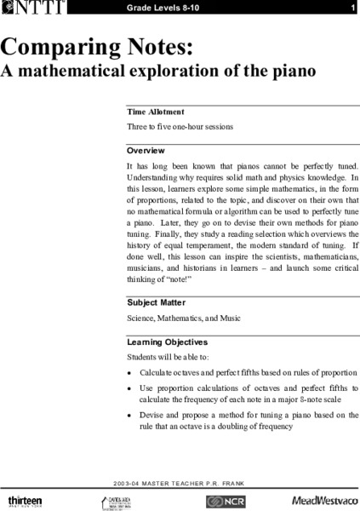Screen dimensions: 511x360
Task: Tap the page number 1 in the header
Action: tap(351, 9)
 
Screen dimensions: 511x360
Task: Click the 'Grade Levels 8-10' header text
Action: tap(167, 9)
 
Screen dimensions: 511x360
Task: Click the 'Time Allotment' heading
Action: tap(156, 112)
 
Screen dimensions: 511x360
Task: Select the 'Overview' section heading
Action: tap(146, 150)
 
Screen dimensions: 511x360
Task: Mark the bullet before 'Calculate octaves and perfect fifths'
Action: tap(129, 374)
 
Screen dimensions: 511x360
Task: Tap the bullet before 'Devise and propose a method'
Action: tap(129, 415)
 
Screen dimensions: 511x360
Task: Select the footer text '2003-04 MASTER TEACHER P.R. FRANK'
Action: tap(180, 479)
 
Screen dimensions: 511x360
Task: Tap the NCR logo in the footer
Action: tap(225, 498)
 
